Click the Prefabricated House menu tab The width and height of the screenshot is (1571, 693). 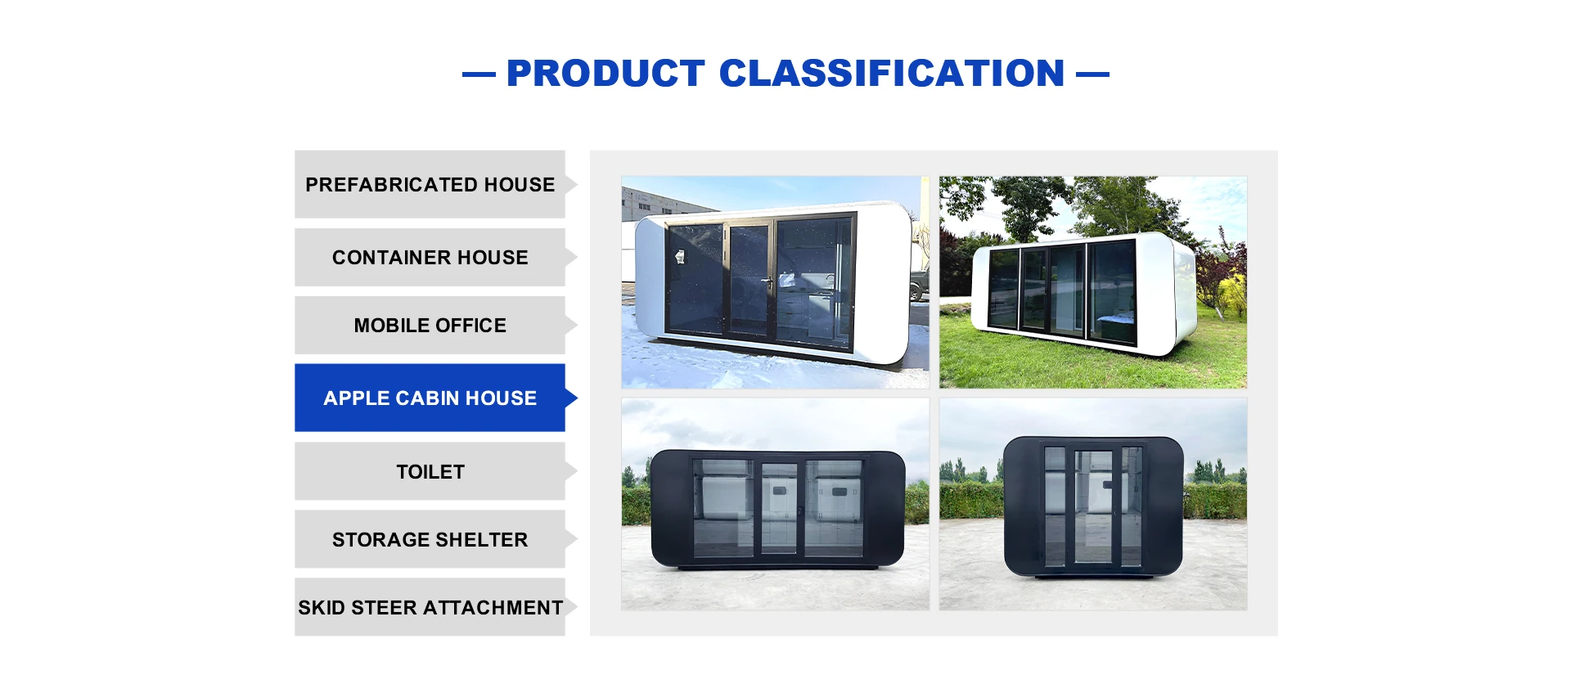point(430,184)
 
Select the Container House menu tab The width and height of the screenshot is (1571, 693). point(430,257)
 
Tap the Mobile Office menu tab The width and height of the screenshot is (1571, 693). point(430,325)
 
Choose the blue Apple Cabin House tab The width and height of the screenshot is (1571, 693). point(430,398)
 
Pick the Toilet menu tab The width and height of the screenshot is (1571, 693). point(430,471)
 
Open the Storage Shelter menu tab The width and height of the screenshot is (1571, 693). point(430,539)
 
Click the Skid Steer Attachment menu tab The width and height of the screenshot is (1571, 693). point(430,607)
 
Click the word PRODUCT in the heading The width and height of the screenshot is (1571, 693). point(605,74)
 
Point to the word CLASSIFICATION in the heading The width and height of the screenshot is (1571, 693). point(892,74)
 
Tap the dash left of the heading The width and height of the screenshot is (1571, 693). point(479,74)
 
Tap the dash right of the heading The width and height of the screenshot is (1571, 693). point(1092,74)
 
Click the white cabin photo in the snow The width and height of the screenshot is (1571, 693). point(775,282)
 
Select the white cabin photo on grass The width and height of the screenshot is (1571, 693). point(1093,282)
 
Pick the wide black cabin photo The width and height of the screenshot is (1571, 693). point(775,504)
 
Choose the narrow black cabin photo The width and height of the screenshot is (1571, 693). point(1093,504)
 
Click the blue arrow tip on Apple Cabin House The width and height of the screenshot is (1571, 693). point(577,398)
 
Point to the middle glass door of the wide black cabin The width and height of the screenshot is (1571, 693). point(779,507)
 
